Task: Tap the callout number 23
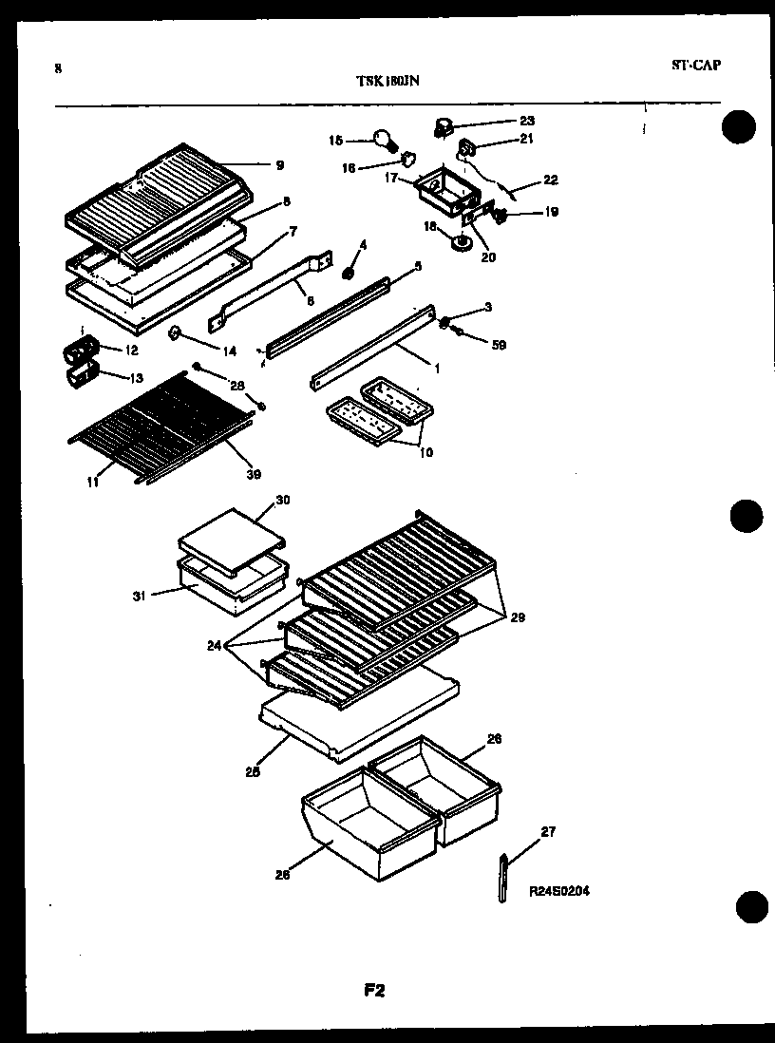(526, 121)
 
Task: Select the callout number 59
(498, 345)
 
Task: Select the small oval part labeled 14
(176, 332)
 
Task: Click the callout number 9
(279, 165)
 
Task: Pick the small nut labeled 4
(348, 274)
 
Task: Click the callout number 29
(518, 617)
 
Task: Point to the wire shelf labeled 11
(152, 423)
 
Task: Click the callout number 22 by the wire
(550, 180)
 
